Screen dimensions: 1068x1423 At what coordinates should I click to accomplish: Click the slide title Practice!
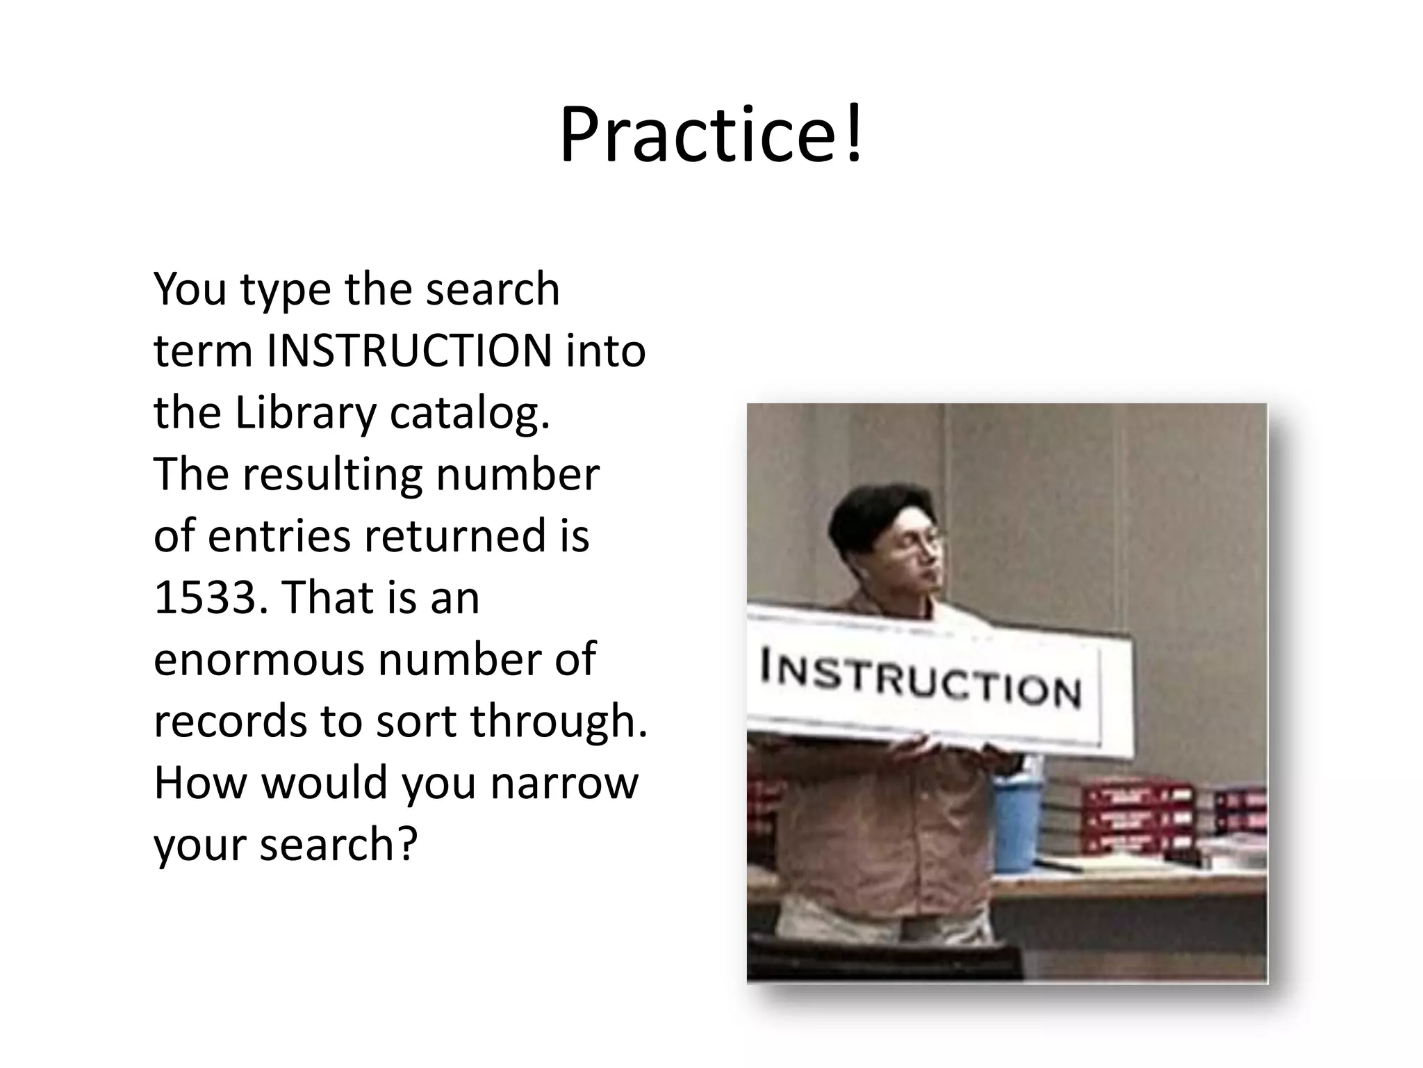click(x=711, y=135)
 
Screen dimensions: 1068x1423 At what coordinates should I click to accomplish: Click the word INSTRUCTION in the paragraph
click(x=409, y=351)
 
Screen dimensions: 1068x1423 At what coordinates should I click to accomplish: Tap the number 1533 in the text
click(x=206, y=598)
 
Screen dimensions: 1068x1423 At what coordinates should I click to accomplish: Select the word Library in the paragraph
click(x=306, y=413)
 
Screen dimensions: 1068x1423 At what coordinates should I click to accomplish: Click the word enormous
click(x=258, y=660)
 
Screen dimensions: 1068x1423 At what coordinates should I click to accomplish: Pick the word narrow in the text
click(x=564, y=783)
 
